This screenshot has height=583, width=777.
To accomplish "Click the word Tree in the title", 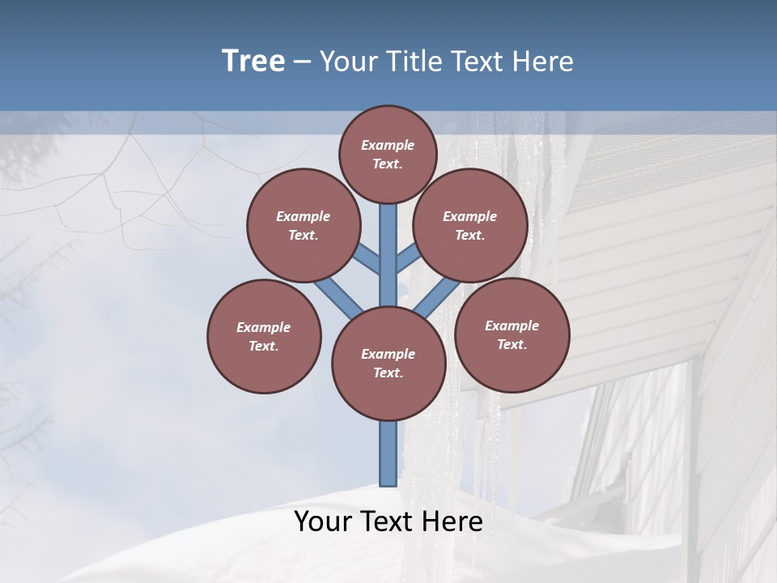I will click(x=253, y=62).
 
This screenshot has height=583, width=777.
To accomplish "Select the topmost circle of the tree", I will click(x=388, y=154).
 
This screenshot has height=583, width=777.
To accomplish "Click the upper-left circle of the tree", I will click(x=303, y=225).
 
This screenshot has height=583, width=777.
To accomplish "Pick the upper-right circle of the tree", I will click(x=470, y=225).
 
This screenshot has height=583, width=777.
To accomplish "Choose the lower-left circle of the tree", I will click(x=264, y=336).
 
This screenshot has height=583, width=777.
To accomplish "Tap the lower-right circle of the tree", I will click(x=512, y=334).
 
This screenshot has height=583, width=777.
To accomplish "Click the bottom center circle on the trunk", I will click(x=388, y=363).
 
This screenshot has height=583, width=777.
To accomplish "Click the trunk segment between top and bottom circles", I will click(x=388, y=251).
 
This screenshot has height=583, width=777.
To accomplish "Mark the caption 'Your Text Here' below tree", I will click(x=388, y=521).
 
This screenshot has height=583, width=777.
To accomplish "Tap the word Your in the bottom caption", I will click(x=324, y=521).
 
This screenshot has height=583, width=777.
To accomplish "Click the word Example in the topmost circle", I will click(x=388, y=145).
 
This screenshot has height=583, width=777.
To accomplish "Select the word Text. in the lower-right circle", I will click(x=512, y=344).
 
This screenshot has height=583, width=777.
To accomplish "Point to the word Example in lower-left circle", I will click(x=264, y=327).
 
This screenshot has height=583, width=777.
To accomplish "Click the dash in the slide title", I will click(x=302, y=62).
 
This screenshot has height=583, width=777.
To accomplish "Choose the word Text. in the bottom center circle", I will click(x=388, y=372).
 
